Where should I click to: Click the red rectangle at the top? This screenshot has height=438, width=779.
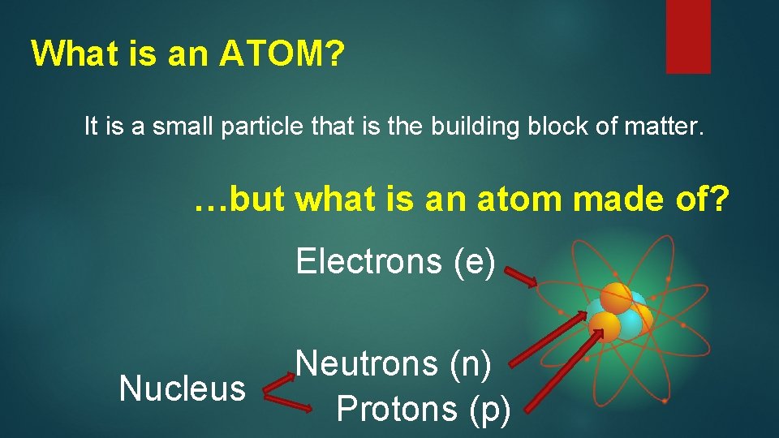pyautogui.click(x=688, y=36)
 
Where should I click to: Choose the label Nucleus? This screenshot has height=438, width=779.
pyautogui.click(x=182, y=389)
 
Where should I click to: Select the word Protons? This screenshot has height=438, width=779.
pyautogui.click(x=397, y=408)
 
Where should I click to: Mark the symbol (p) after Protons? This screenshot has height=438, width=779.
pyautogui.click(x=490, y=408)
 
